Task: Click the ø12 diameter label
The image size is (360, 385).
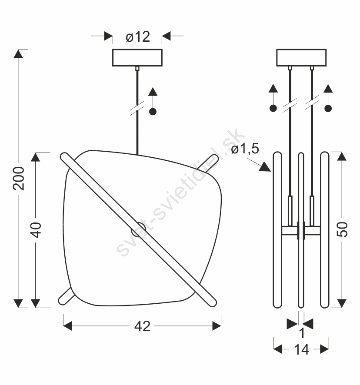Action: coord(138,37)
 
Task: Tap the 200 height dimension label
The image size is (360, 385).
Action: coord(19,178)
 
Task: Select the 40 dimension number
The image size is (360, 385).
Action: coord(36,230)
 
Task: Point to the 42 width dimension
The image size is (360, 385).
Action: coord(142,326)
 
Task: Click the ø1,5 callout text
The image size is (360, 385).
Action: coord(245,149)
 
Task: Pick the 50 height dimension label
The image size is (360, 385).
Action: coord(342,229)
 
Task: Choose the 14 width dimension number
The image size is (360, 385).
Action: coord(301,350)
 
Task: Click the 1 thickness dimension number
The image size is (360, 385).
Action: coord(302,333)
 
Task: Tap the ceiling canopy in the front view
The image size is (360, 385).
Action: coord(137,58)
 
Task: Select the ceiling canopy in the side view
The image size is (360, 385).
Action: coord(301,58)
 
